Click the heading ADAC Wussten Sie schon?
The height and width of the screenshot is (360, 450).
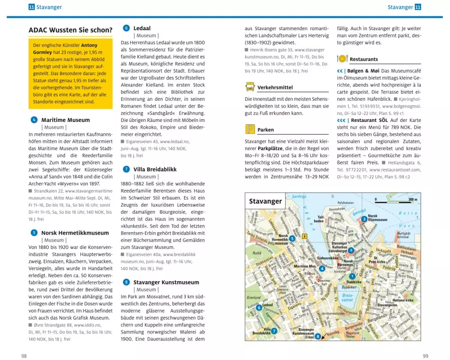click(x=70, y=31)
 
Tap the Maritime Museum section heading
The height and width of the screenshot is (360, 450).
click(x=65, y=120)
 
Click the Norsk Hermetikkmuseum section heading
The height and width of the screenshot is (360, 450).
click(x=75, y=233)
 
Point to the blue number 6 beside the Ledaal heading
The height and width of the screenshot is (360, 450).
click(x=126, y=28)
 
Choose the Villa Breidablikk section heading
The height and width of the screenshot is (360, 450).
click(x=155, y=170)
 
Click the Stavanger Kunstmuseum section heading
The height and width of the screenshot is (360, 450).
click(x=166, y=283)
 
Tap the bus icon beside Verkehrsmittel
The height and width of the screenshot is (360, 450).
click(x=250, y=87)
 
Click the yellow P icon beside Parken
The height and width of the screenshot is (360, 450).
click(x=250, y=130)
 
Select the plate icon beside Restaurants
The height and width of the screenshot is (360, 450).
click(x=342, y=59)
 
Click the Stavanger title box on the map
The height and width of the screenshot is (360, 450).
click(x=265, y=202)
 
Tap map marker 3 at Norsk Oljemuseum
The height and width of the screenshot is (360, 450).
click(x=364, y=219)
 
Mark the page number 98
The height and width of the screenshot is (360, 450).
click(x=24, y=355)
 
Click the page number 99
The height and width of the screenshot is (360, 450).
click(x=425, y=355)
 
